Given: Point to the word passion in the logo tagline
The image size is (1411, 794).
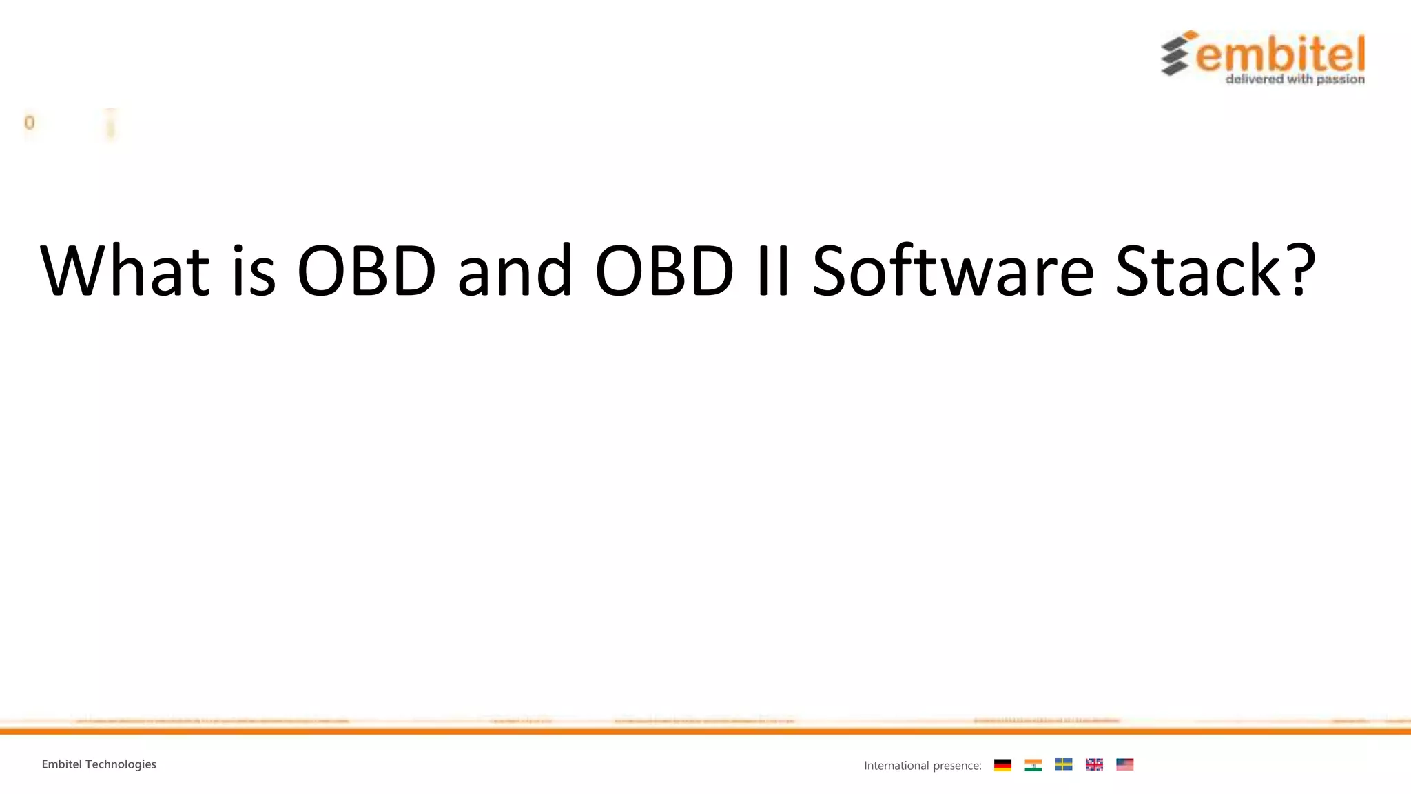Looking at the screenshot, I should [1340, 79].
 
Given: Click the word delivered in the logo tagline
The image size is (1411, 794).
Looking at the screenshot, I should [1255, 79].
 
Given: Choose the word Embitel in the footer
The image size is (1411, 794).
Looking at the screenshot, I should [61, 764].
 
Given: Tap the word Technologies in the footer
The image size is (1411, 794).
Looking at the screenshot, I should [121, 764].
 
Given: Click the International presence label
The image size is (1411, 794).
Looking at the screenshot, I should [923, 765].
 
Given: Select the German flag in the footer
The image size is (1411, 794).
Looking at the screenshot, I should [1002, 764].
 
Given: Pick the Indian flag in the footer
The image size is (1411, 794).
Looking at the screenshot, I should [1033, 764].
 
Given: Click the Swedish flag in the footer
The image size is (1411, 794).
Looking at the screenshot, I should [1064, 764].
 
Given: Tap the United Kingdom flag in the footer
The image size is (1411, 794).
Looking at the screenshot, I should [1094, 764].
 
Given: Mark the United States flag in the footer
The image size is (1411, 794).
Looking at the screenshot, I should [1124, 764].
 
